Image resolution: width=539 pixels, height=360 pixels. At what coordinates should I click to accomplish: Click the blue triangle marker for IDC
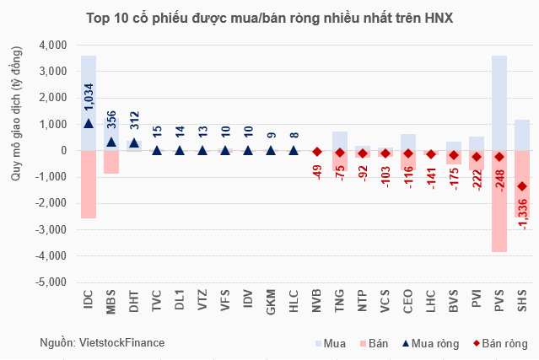pos(89,123)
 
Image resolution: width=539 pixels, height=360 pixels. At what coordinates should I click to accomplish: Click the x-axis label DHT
pos(134,303)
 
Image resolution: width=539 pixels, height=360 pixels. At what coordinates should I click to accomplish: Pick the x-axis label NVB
pos(316,303)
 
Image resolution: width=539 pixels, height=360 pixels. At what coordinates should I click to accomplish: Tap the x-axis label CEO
pos(407,303)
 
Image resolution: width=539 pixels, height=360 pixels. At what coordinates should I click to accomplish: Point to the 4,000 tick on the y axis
pos(52,45)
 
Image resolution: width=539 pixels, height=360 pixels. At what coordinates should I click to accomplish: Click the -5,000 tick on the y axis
pos(51,283)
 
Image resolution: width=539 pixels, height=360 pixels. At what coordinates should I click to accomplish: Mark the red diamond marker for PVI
pos(477,157)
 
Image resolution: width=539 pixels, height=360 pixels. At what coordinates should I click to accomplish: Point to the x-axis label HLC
pos(294,303)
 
